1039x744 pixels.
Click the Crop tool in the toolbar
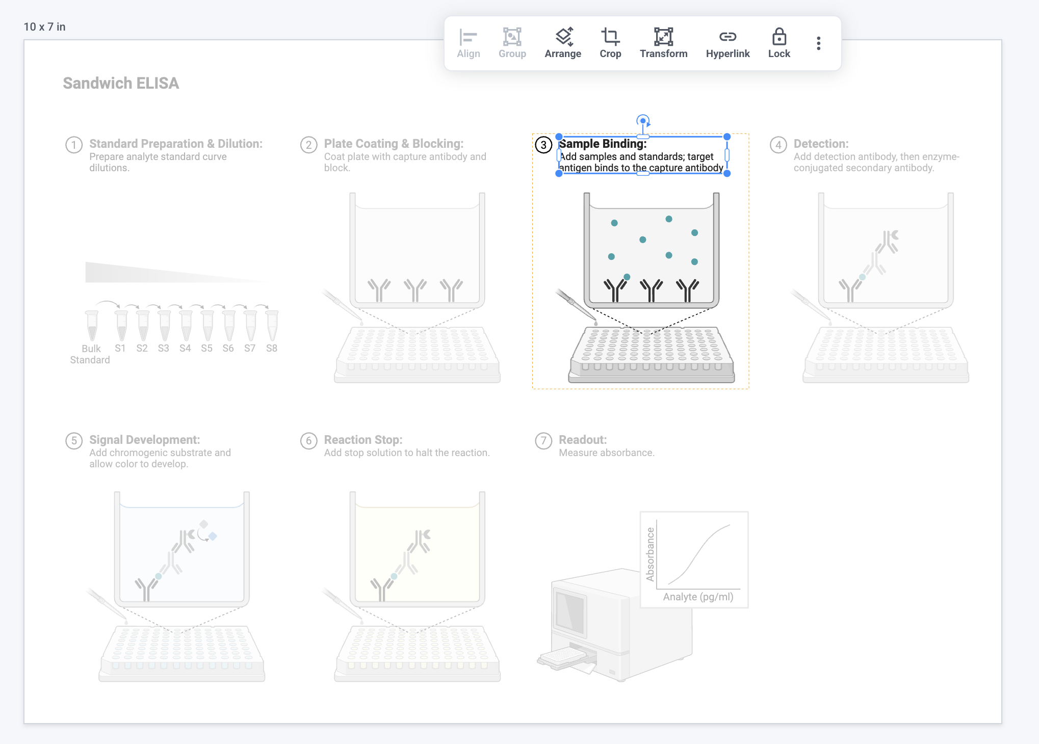pyautogui.click(x=610, y=43)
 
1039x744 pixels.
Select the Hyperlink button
pyautogui.click(x=728, y=43)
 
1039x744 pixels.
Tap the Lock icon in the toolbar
pyautogui.click(x=779, y=43)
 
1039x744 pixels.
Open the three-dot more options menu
pyautogui.click(x=818, y=43)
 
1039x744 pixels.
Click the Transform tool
pyautogui.click(x=663, y=43)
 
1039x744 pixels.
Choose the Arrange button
pyautogui.click(x=563, y=43)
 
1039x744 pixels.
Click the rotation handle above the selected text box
pyautogui.click(x=643, y=121)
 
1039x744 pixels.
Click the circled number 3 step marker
pyautogui.click(x=543, y=145)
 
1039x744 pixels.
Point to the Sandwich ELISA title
pyautogui.click(x=121, y=83)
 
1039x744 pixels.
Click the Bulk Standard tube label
pyautogui.click(x=90, y=354)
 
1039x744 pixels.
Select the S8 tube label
pyautogui.click(x=272, y=348)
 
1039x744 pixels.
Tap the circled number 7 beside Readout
pyautogui.click(x=543, y=441)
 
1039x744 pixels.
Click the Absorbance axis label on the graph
pyautogui.click(x=650, y=554)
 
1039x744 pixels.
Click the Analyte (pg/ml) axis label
pyautogui.click(x=698, y=597)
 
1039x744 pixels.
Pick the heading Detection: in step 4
pyautogui.click(x=821, y=144)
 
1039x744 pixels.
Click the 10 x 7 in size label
pyautogui.click(x=44, y=27)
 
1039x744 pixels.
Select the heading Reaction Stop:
pyautogui.click(x=363, y=440)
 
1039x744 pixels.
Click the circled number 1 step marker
pyautogui.click(x=74, y=145)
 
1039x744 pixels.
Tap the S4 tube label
pyautogui.click(x=185, y=348)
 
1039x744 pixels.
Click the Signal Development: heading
pyautogui.click(x=144, y=440)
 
